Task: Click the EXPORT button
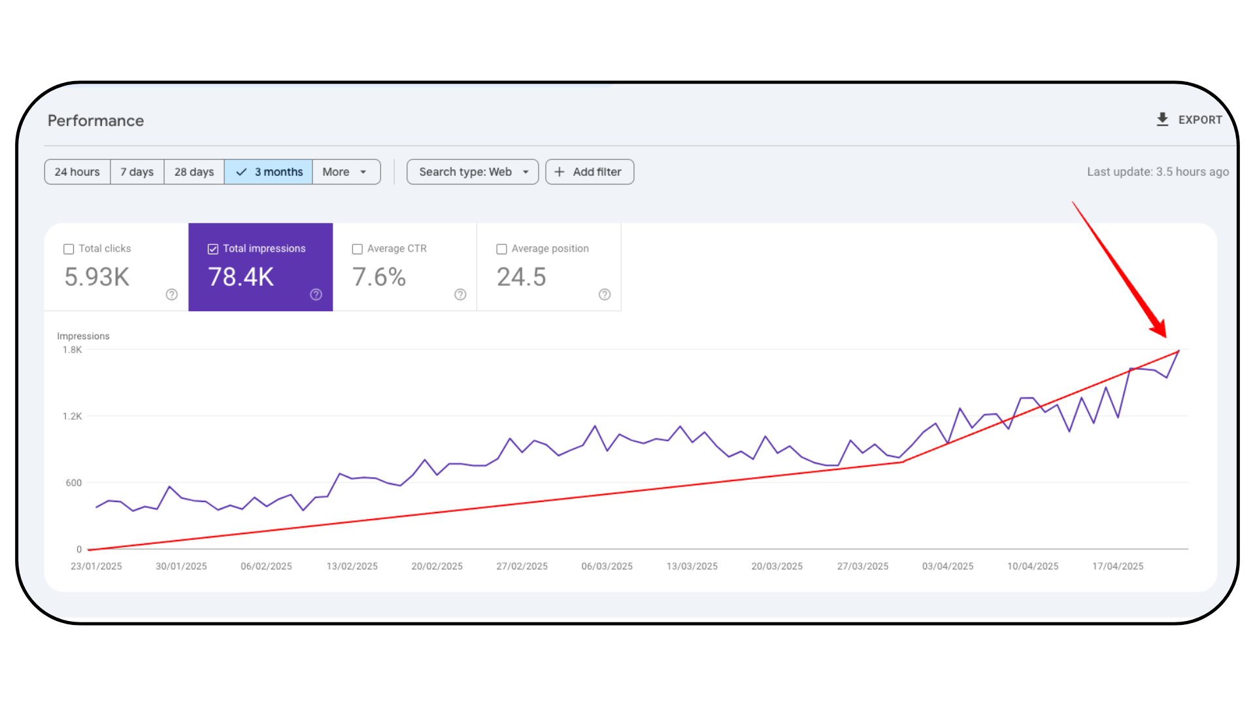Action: (x=1189, y=120)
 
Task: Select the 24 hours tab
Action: (x=77, y=172)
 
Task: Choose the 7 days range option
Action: (x=137, y=172)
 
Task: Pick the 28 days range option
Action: (x=194, y=172)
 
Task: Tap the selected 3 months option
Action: (x=269, y=172)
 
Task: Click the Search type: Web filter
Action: (x=473, y=172)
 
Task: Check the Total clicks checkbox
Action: (x=69, y=249)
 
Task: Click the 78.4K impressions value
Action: (x=241, y=277)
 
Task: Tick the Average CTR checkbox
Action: (x=358, y=249)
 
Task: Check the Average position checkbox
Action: (x=502, y=249)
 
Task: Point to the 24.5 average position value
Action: (x=521, y=277)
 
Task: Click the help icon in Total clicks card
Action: (x=172, y=295)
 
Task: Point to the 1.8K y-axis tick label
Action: (x=72, y=350)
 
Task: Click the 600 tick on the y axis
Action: (x=73, y=483)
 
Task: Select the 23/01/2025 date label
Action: (x=96, y=566)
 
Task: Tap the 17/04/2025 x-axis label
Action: (x=1118, y=566)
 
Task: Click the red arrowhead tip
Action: (x=1165, y=337)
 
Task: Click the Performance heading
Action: (x=95, y=121)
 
